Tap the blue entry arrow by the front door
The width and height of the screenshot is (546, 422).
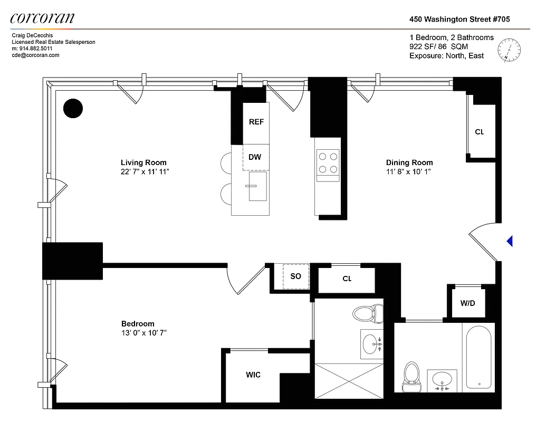point(510,241)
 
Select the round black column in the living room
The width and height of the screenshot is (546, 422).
point(73,109)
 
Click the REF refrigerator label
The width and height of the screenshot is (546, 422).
point(256,122)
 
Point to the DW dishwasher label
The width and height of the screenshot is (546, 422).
point(255,157)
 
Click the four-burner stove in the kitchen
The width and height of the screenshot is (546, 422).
point(327,162)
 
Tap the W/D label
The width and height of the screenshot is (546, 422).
point(467,303)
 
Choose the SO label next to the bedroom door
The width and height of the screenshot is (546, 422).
point(296,276)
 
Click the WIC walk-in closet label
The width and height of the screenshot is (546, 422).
point(253,375)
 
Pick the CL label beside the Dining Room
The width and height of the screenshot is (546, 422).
point(479,132)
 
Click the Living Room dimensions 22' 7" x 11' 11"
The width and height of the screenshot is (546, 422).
point(145,172)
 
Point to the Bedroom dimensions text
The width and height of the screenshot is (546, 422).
point(144,333)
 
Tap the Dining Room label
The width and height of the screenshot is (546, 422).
point(409,162)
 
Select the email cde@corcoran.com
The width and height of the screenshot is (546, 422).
point(35,55)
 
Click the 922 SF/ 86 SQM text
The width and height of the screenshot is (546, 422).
point(438,46)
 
